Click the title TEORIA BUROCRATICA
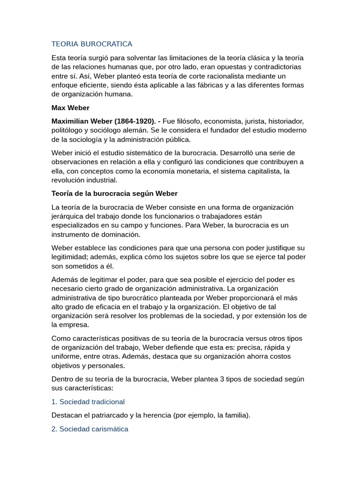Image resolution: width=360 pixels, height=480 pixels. point(92,44)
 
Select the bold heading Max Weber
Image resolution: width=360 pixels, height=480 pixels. point(70,108)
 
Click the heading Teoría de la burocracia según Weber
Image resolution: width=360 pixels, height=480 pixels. point(114,194)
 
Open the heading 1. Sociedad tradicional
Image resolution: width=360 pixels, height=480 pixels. point(88,402)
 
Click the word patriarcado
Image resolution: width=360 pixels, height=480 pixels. point(110,415)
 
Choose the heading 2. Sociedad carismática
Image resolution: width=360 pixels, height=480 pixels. point(90,429)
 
